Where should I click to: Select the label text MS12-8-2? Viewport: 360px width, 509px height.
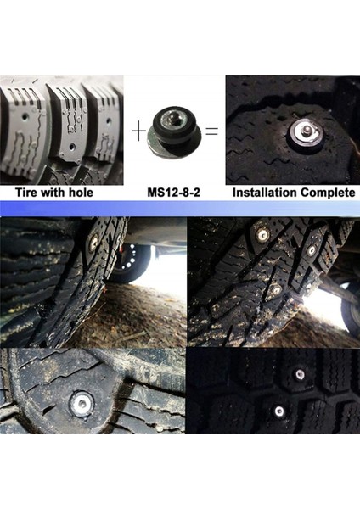(x=174, y=193)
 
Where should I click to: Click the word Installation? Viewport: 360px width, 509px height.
(x=265, y=193)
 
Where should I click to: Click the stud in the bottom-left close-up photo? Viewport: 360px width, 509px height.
(x=81, y=403)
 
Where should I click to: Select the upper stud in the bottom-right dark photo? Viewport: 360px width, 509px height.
(x=300, y=373)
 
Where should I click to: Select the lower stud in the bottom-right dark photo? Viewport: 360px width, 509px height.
(x=279, y=411)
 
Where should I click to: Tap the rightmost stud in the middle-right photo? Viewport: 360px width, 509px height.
(x=312, y=249)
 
